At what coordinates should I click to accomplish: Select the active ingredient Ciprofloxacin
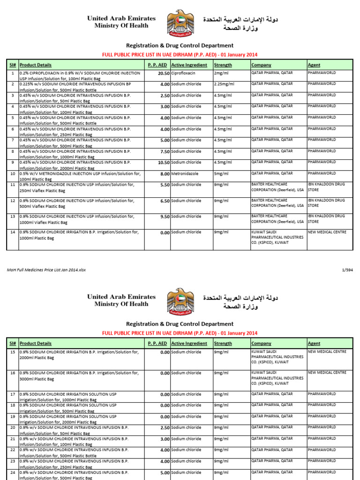click(183, 73)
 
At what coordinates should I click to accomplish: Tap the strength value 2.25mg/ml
click(224, 84)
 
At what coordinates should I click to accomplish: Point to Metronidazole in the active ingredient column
click(185, 173)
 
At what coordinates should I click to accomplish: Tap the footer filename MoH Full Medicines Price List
click(46, 270)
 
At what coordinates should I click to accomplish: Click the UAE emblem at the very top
click(180, 24)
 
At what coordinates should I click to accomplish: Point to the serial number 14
click(12, 232)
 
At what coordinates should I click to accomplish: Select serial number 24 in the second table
click(12, 472)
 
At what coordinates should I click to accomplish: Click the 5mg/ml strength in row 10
click(221, 173)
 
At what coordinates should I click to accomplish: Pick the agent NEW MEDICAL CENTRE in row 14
click(327, 232)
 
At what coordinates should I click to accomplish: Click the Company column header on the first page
click(261, 65)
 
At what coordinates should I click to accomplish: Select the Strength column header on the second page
click(223, 343)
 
